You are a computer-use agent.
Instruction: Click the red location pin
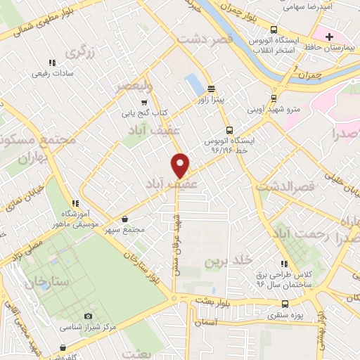click(181, 165)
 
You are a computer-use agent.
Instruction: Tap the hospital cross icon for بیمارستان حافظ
click(330, 37)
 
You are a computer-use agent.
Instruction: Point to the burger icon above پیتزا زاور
click(211, 89)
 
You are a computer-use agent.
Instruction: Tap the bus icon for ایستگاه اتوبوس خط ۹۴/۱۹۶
click(229, 129)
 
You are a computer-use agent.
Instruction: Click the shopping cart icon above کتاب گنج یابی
click(144, 103)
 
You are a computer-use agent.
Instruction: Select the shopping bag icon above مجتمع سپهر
click(124, 219)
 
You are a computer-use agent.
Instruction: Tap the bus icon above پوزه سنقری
click(285, 304)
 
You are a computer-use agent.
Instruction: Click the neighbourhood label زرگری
click(79, 53)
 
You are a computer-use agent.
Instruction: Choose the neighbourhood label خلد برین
click(227, 262)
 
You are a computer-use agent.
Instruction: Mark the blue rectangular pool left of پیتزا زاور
click(192, 85)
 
